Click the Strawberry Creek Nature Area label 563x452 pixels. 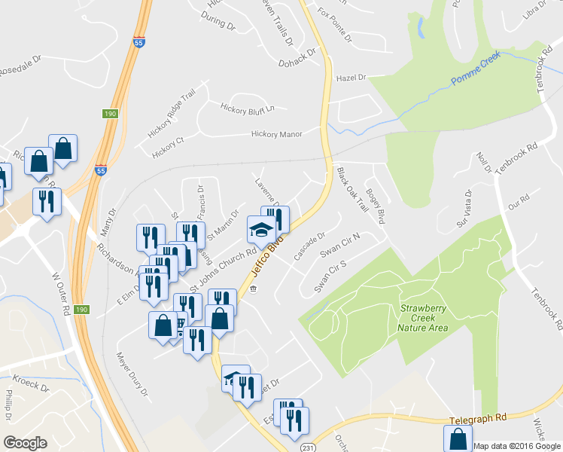(424, 318)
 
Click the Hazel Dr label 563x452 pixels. (351, 78)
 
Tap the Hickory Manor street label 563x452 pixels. (276, 134)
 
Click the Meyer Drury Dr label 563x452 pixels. (130, 374)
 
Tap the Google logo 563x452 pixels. (25, 443)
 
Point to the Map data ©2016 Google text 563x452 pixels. (516, 446)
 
